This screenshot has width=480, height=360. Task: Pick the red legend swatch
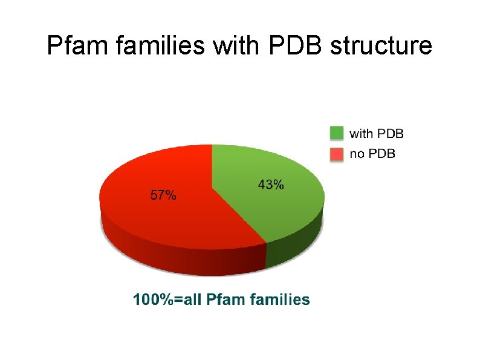point(337,154)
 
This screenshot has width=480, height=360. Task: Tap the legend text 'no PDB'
point(373,154)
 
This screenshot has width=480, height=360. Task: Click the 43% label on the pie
point(271,185)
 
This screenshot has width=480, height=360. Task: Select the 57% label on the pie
point(163,195)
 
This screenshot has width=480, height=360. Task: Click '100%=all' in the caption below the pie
point(167,299)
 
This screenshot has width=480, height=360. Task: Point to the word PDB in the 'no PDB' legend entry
point(381,154)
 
